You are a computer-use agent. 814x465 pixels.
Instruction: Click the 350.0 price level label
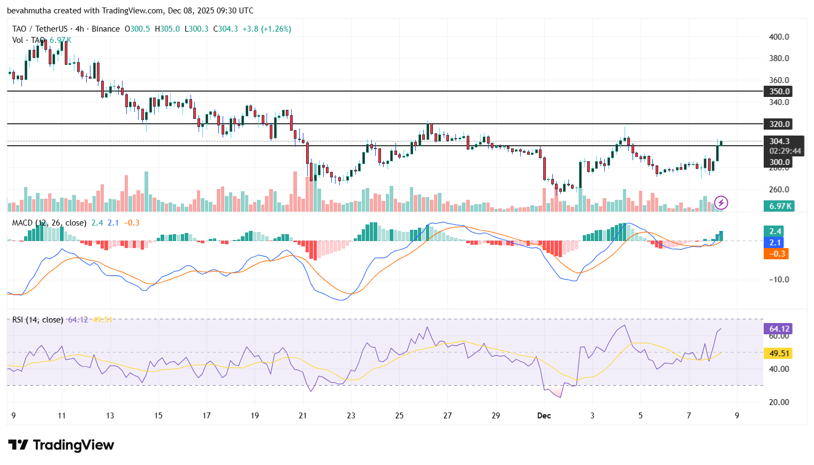point(779,92)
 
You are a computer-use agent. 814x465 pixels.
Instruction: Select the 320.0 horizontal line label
point(779,124)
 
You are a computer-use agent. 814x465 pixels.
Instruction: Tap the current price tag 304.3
point(779,141)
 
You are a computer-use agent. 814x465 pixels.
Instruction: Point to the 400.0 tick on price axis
point(779,37)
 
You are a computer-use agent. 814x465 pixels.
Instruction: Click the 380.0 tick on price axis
point(779,58)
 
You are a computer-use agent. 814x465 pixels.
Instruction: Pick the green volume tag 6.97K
point(779,206)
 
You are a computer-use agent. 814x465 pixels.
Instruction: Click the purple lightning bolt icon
point(721,202)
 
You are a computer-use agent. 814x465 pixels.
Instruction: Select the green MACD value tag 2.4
point(775,231)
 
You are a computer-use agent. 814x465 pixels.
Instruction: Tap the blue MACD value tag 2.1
point(775,243)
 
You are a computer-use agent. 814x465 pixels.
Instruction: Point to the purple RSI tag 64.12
point(779,329)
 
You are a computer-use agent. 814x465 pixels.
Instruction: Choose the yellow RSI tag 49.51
point(779,354)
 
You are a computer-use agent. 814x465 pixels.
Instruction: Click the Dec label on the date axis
point(544,416)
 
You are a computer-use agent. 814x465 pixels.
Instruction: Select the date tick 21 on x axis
point(303,416)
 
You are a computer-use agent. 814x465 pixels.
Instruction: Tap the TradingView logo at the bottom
point(61,445)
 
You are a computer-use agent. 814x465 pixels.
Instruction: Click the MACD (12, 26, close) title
point(49,223)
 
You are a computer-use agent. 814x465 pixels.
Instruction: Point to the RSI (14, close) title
point(37,320)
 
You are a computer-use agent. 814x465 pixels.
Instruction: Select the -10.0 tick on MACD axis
point(779,280)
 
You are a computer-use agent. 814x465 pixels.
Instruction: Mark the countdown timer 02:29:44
point(785,151)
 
